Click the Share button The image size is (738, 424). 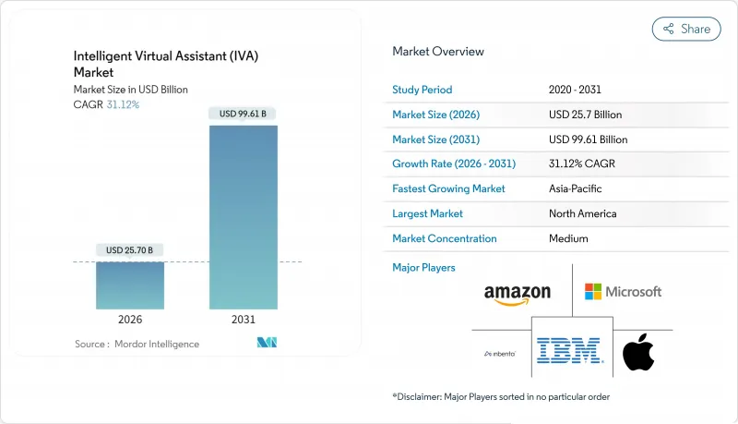(686, 29)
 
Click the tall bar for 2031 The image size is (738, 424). (244, 216)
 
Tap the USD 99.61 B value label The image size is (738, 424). (244, 114)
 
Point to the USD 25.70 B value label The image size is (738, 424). (130, 250)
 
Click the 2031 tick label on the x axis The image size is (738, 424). (244, 319)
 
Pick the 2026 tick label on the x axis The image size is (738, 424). (130, 319)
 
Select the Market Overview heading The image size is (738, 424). (437, 52)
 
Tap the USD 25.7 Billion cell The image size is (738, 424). (585, 115)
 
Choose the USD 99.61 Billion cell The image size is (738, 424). (588, 139)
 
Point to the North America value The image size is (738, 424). (583, 213)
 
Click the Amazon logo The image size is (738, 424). (517, 294)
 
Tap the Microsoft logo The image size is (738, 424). (623, 292)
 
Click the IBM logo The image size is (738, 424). (569, 351)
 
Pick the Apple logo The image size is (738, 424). (637, 352)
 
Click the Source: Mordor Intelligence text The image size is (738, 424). (137, 344)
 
